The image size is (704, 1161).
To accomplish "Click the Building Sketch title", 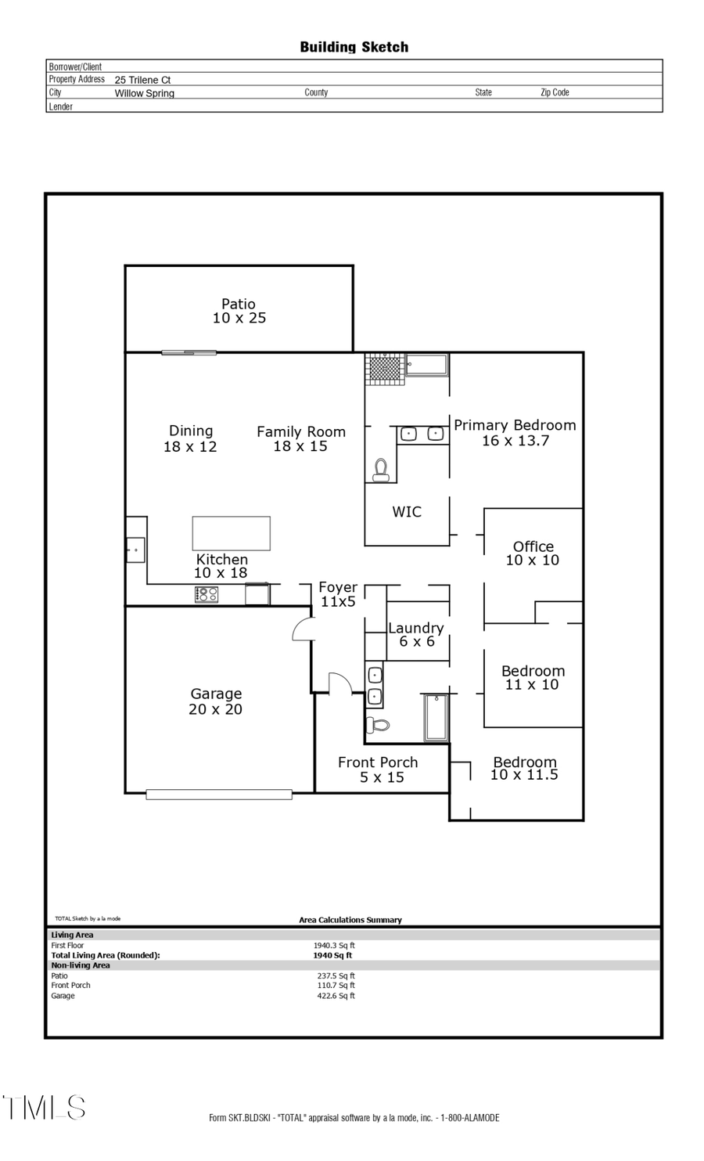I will click(354, 47).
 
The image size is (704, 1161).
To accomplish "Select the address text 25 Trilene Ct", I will click(142, 80).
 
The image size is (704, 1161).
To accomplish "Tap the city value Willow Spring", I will click(145, 93).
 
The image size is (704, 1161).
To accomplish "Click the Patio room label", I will click(239, 311).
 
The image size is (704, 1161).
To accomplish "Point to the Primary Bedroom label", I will click(515, 432).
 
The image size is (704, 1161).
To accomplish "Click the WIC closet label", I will click(407, 512).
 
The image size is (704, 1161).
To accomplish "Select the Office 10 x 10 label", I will click(533, 553).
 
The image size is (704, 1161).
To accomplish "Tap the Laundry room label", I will click(416, 634).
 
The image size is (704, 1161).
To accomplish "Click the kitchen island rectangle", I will click(232, 533).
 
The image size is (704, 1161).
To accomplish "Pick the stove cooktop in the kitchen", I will click(207, 595).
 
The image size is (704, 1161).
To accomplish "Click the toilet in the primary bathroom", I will click(381, 470).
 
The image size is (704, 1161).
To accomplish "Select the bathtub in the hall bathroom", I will click(436, 717).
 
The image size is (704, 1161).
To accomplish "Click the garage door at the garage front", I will click(219, 795).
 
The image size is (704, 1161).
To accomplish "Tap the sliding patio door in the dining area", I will click(189, 353).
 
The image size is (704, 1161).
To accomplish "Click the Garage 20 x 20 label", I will click(216, 701).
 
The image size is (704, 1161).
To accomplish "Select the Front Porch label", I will click(379, 769).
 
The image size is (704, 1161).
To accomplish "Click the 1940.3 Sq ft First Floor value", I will click(334, 946).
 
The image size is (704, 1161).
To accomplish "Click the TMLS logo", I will click(44, 1108).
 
